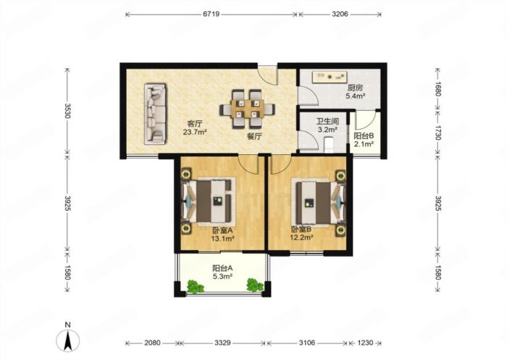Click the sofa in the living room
[x=156, y=114]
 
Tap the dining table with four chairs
[x=248, y=109]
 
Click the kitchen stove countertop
[x=329, y=77]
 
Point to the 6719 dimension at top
[x=211, y=14]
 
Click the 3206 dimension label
[x=340, y=14]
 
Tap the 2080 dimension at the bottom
[x=152, y=343]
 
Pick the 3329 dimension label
[x=222, y=343]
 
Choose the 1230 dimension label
[x=365, y=343]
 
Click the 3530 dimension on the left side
[x=67, y=111]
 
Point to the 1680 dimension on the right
[x=437, y=88]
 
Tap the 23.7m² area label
[x=195, y=132]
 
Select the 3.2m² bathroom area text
[x=327, y=130]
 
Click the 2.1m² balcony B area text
[x=364, y=144]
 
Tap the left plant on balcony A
[x=195, y=286]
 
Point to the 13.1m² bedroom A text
[x=222, y=239]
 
